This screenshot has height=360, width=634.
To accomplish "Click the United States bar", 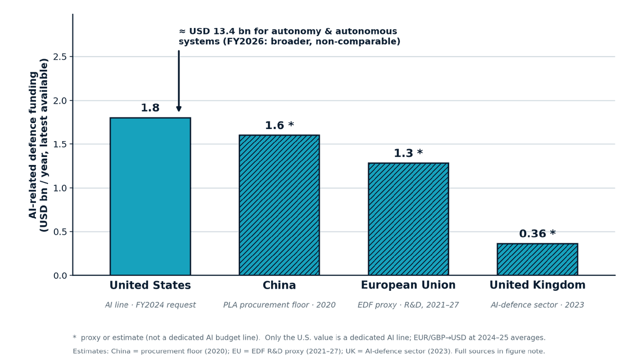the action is (150, 196).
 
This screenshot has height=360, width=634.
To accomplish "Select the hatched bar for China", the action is (279, 205).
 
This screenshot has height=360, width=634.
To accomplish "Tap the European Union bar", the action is (408, 219).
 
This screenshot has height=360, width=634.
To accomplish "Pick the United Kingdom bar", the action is (537, 259).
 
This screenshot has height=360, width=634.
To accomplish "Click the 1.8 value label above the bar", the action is (150, 108).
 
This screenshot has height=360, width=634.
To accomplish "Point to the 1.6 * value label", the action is (279, 125).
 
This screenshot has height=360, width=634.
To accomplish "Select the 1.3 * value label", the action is (408, 153).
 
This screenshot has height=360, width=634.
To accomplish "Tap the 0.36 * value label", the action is (537, 234).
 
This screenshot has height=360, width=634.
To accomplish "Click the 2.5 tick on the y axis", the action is (60, 57).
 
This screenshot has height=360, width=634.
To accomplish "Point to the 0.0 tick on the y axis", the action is (60, 275).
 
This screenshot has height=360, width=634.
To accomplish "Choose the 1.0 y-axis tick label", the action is (60, 188).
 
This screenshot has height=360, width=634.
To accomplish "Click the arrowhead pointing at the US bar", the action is (179, 109).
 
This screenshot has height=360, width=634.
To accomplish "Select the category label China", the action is (279, 285).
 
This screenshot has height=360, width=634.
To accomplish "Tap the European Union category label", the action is (408, 285).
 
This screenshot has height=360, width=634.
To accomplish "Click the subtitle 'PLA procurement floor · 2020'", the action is (279, 305).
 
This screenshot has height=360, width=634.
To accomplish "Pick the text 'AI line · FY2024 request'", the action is (150, 305).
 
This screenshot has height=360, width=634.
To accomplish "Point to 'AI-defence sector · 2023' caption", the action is (537, 305).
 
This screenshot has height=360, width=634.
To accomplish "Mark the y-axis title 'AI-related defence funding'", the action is (33, 145).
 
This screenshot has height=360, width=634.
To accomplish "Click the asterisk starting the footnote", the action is (74, 337).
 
